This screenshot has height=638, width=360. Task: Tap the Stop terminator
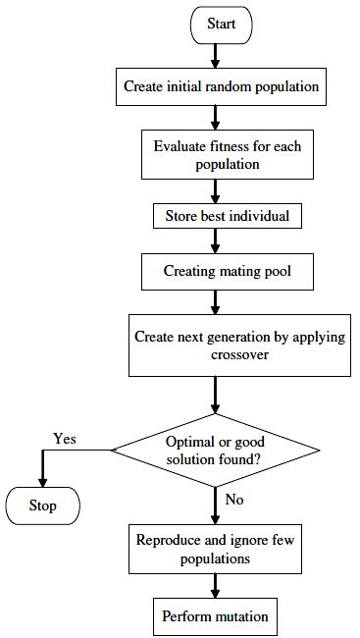pyautogui.click(x=41, y=506)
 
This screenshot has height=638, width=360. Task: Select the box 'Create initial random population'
pyautogui.click(x=221, y=86)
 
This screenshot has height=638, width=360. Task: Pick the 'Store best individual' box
pyautogui.click(x=214, y=213)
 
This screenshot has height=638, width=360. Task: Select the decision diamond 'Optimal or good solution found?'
pyautogui.click(x=216, y=450)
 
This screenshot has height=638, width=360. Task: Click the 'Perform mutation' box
pyautogui.click(x=214, y=617)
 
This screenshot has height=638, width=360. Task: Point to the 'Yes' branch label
pyautogui.click(x=65, y=438)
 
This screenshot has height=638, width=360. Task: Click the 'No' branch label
pyautogui.click(x=233, y=499)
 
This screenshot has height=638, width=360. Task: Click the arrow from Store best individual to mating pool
pyautogui.click(x=214, y=238)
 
